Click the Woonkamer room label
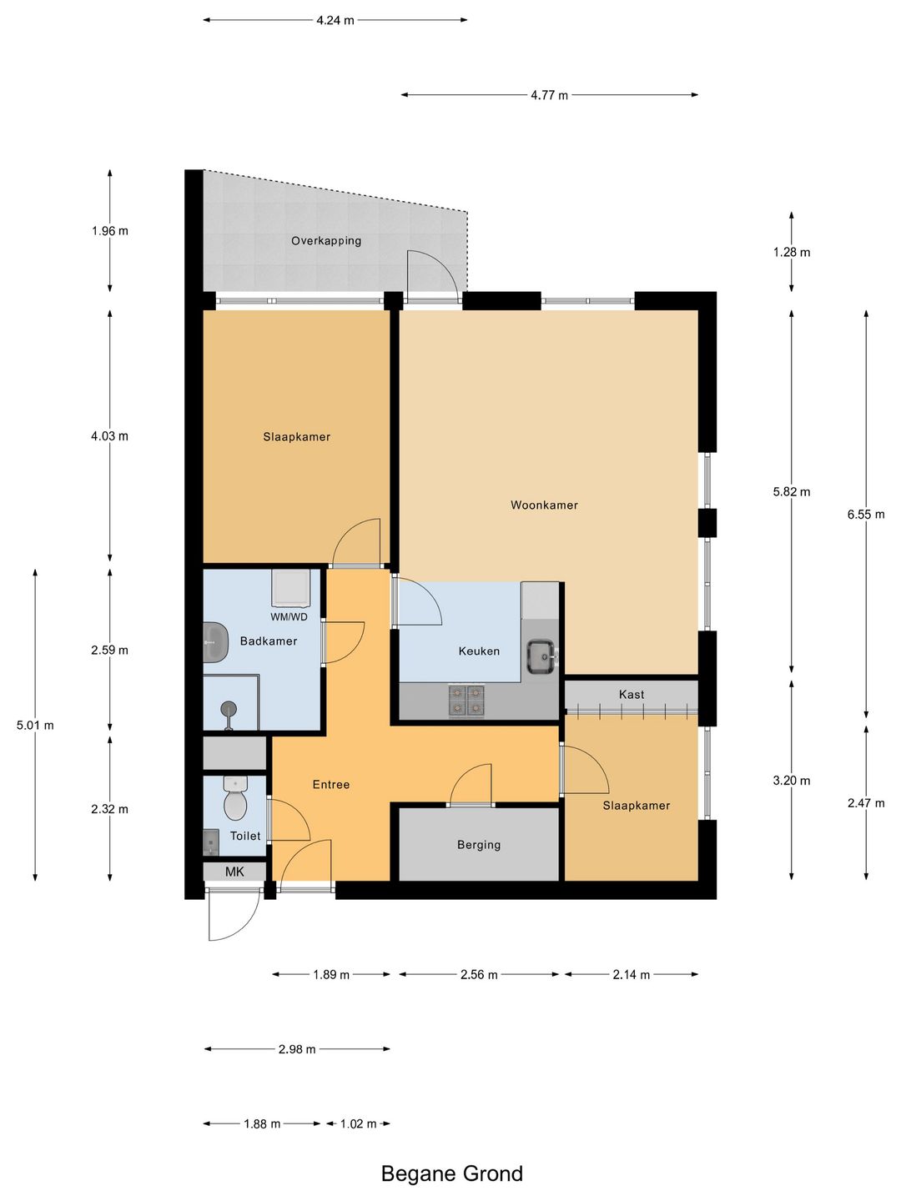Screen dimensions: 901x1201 pos(544,505)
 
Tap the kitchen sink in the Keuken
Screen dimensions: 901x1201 pos(541,656)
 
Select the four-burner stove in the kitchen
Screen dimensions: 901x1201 pos(466,701)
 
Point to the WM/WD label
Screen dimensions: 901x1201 pos(289,617)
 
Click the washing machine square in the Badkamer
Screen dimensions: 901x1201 pos(291,588)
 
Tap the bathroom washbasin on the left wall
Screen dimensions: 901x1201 pos(215,642)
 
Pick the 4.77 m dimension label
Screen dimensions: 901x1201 pos(549,95)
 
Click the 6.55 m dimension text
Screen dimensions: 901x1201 pos(866,515)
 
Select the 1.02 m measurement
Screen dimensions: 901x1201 pos(359,1123)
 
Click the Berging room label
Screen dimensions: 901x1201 pos(479,845)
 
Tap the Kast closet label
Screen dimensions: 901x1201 pos(632,695)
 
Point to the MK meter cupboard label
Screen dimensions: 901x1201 pos(234,872)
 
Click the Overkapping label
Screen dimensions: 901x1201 pos(326,241)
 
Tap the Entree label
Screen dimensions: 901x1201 pos(331,785)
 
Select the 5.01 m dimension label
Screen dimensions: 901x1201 pos(36,726)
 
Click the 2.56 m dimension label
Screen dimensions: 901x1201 pos(479,974)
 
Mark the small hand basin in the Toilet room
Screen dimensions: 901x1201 pos(211,842)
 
